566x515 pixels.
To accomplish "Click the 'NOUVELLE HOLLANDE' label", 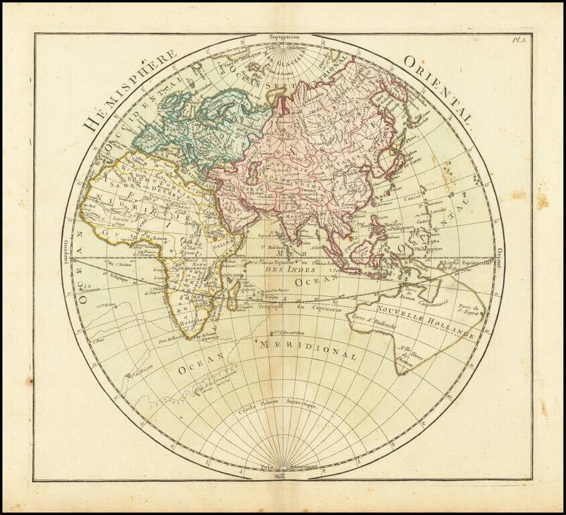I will click(426, 325).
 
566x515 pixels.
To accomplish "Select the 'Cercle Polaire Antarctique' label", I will click(278, 408).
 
